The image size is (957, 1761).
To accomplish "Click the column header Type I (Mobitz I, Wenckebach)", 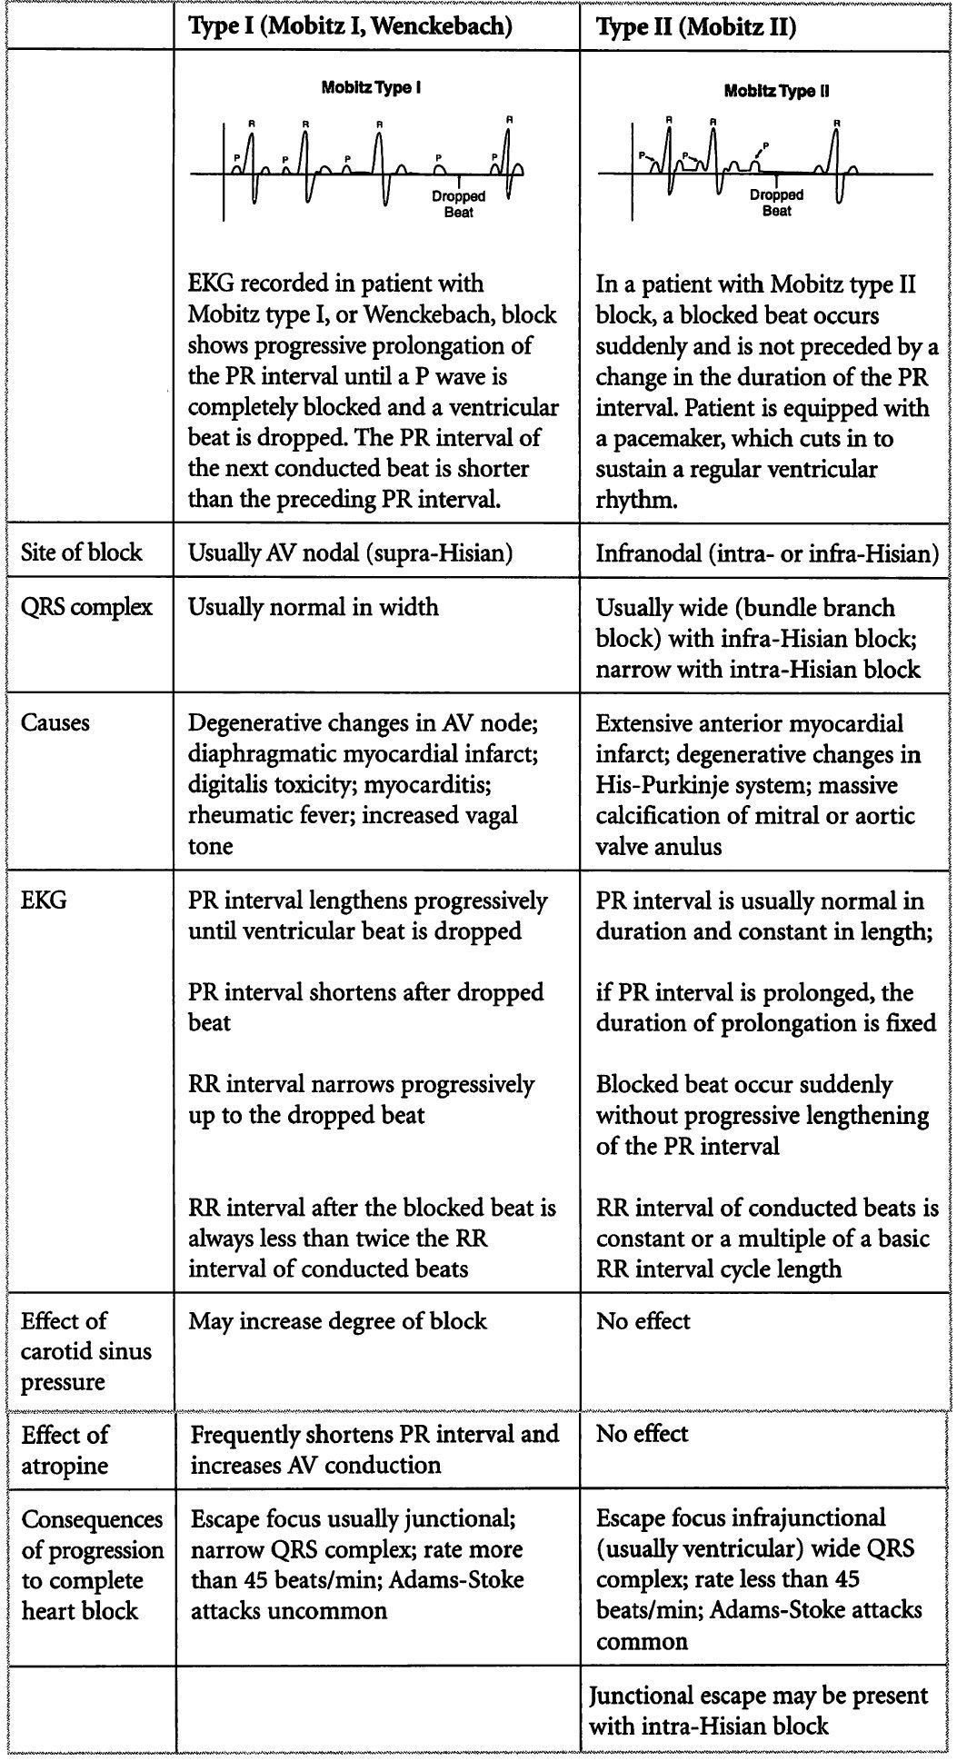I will pyautogui.click(x=350, y=27).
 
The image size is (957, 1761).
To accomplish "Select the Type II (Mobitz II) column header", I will pyautogui.click(x=695, y=28).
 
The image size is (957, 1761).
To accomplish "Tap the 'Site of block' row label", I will pyautogui.click(x=82, y=552).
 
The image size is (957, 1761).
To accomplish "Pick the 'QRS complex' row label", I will pyautogui.click(x=86, y=607).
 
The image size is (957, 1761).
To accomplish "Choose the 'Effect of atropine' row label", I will pyautogui.click(x=65, y=1449).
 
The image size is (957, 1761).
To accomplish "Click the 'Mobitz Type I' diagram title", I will pyautogui.click(x=371, y=88).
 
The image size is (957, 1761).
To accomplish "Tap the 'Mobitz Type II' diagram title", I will pyautogui.click(x=776, y=91).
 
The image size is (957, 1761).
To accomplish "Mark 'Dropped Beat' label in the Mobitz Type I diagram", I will pyautogui.click(x=458, y=204).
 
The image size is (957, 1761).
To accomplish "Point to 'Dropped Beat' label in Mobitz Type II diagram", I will pyautogui.click(x=776, y=202).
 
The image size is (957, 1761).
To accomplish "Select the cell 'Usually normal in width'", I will pyautogui.click(x=313, y=607).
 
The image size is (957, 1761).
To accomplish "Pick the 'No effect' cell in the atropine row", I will pyautogui.click(x=643, y=1434).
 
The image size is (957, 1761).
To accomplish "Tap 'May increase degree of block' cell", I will pyautogui.click(x=337, y=1321).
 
